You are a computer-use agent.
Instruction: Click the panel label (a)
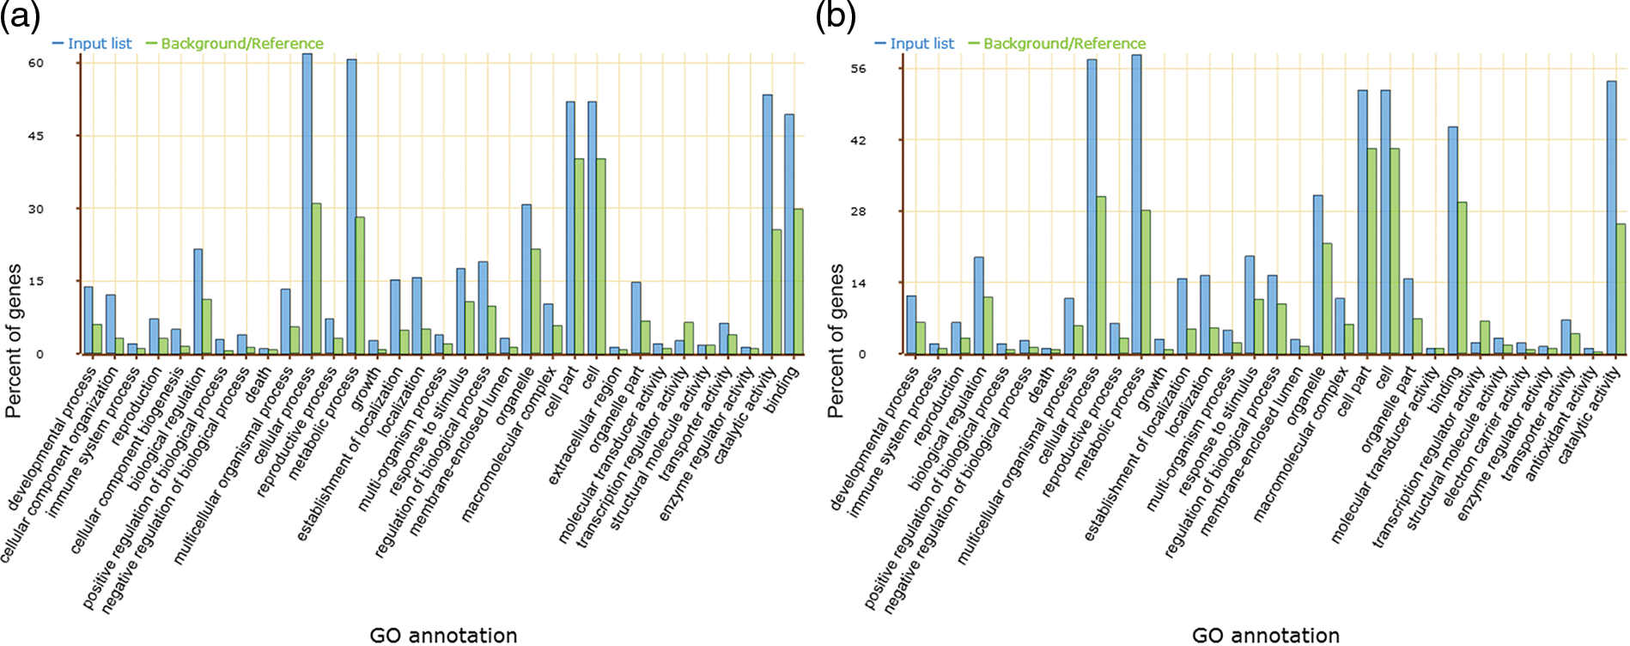click(20, 15)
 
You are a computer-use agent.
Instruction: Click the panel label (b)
click(835, 15)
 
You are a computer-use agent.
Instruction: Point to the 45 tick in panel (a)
click(35, 136)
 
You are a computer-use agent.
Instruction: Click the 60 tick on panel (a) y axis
click(35, 63)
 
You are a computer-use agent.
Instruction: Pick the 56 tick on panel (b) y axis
click(858, 69)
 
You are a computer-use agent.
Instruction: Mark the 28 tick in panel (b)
click(858, 211)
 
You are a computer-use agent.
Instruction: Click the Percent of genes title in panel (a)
click(13, 341)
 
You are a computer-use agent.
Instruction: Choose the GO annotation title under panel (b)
click(1265, 636)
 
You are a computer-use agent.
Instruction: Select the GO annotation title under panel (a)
click(443, 636)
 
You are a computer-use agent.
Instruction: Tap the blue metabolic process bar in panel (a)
click(351, 206)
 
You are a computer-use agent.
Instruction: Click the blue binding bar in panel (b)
click(1452, 241)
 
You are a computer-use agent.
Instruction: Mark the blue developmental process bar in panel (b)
click(911, 325)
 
